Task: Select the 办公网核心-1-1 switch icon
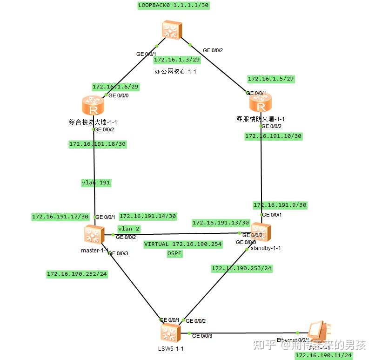tap(172, 30)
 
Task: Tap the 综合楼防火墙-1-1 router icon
tap(93, 106)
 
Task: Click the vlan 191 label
tap(95, 183)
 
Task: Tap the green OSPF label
tap(174, 253)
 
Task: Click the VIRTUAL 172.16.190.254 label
tap(183, 244)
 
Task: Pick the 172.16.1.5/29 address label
tap(271, 79)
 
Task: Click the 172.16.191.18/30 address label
tap(98, 144)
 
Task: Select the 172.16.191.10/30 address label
tap(274, 136)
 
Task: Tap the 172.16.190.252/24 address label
tap(77, 274)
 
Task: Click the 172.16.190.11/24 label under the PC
tap(323, 355)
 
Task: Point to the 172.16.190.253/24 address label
tap(241, 268)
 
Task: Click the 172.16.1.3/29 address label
tap(177, 60)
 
